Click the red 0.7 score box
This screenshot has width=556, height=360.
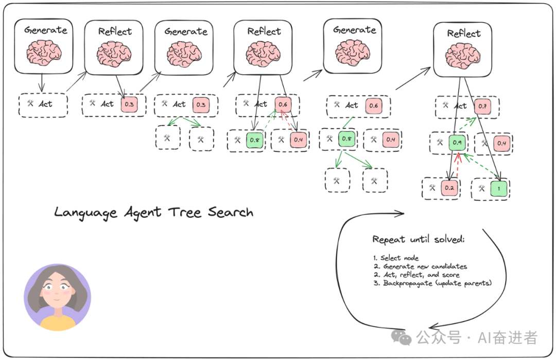point(482,107)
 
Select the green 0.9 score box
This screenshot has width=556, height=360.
point(457,143)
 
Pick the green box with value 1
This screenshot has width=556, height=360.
point(499,188)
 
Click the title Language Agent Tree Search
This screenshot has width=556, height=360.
point(153,212)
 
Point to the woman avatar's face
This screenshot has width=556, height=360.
point(57,291)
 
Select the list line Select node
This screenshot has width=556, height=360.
point(396,258)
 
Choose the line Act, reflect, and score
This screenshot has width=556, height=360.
point(414,275)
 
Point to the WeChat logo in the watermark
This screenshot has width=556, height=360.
point(402,337)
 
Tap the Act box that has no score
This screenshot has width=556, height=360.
point(43,105)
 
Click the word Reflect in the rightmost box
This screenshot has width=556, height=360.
point(464,33)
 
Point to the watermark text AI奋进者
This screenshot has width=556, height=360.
point(508,338)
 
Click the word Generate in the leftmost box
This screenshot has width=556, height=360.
point(45,30)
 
